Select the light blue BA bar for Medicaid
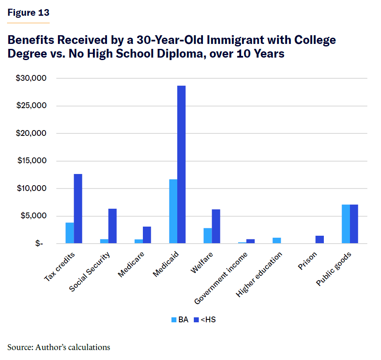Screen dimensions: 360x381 pyautogui.click(x=173, y=211)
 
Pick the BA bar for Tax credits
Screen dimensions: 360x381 pyautogui.click(x=70, y=233)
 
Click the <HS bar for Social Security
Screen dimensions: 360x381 pyautogui.click(x=112, y=226)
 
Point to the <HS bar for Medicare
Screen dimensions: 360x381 pyautogui.click(x=147, y=235)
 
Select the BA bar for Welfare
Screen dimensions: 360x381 pyautogui.click(x=207, y=236)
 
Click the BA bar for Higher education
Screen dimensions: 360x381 pyautogui.click(x=277, y=241)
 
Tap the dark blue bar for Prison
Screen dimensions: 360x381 pyautogui.click(x=319, y=239)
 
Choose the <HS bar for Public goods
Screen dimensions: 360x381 pyautogui.click(x=354, y=224)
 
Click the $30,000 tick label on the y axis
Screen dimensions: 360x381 pyautogui.click(x=32, y=78)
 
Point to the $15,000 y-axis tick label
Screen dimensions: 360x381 pyautogui.click(x=32, y=161)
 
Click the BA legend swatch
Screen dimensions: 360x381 pyautogui.click(x=174, y=319)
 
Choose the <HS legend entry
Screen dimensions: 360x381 pyautogui.click(x=205, y=319)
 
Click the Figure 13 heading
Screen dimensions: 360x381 pyautogui.click(x=28, y=13)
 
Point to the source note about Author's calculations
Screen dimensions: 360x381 pyautogui.click(x=59, y=347)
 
